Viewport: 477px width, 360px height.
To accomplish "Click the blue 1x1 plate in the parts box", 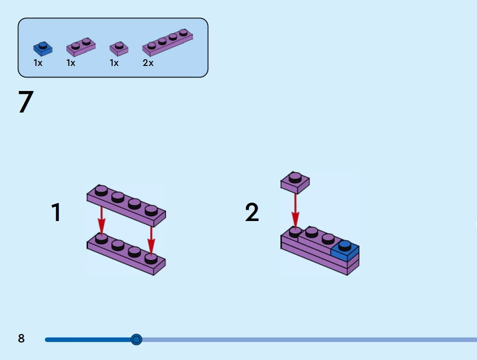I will pyautogui.click(x=43, y=48).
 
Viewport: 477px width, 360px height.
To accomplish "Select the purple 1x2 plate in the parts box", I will pyautogui.click(x=81, y=46).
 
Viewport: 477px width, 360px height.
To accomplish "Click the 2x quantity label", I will pyautogui.click(x=148, y=63).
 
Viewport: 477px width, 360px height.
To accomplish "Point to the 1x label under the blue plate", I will pyautogui.click(x=38, y=63).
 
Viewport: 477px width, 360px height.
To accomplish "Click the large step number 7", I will pyautogui.click(x=26, y=102).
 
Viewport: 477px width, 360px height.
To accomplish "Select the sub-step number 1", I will pyautogui.click(x=56, y=213).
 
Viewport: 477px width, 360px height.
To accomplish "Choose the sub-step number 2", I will pyautogui.click(x=252, y=213).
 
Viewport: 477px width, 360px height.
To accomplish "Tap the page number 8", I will pyautogui.click(x=22, y=338).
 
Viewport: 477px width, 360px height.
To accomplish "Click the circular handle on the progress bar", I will pyautogui.click(x=136, y=339).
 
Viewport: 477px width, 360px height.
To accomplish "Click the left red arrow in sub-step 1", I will pyautogui.click(x=102, y=220).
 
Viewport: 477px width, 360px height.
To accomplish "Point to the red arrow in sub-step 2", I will pyautogui.click(x=295, y=211).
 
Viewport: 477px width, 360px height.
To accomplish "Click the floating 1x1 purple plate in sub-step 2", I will pyautogui.click(x=295, y=182).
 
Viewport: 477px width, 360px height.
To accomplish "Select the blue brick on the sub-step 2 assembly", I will pyautogui.click(x=345, y=252).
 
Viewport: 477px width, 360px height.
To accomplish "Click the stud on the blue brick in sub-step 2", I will pyautogui.click(x=345, y=245).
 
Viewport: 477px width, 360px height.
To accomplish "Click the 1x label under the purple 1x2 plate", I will pyautogui.click(x=71, y=63).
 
